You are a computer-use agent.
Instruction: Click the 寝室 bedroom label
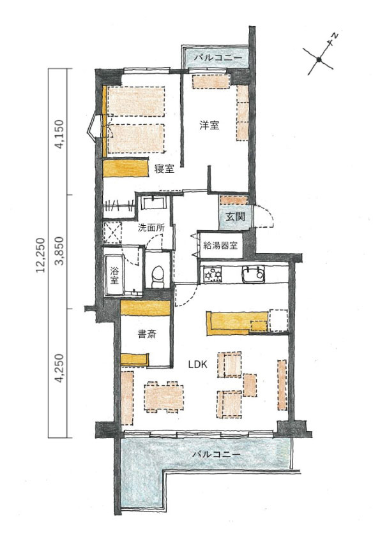click(x=164, y=168)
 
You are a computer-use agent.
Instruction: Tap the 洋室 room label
click(x=209, y=126)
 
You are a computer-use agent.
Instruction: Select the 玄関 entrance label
click(x=235, y=216)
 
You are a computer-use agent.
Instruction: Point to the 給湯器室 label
click(x=220, y=245)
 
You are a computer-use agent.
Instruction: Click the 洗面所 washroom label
click(x=151, y=228)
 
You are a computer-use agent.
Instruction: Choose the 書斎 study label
click(x=146, y=334)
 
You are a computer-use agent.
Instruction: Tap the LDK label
click(x=197, y=365)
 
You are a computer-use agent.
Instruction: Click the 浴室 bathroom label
click(x=114, y=276)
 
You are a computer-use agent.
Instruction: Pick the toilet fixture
click(x=158, y=277)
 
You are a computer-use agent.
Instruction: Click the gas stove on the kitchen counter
click(x=213, y=274)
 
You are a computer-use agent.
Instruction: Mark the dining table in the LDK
click(x=164, y=397)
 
